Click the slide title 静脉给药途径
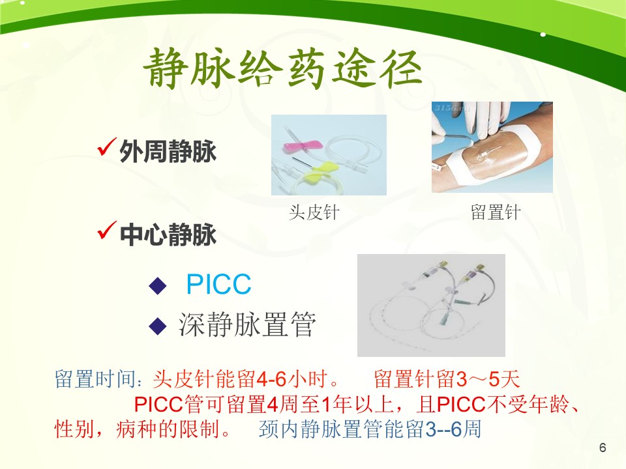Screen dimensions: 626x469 pyautogui.click(x=282, y=68)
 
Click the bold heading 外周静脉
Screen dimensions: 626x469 pyautogui.click(x=168, y=152)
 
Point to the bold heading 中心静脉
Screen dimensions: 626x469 pyautogui.click(x=168, y=234)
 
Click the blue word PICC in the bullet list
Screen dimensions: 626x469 pyautogui.click(x=219, y=285)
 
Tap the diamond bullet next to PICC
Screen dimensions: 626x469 pyautogui.click(x=158, y=285)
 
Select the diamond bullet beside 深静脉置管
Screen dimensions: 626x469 pyautogui.click(x=158, y=326)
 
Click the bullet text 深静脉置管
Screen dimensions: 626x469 pyautogui.click(x=247, y=324)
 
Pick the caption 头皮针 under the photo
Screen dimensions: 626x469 pyautogui.click(x=314, y=212)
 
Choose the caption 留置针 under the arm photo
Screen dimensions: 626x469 pyautogui.click(x=496, y=212)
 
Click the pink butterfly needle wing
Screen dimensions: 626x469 pyautogui.click(x=302, y=145)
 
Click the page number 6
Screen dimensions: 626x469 pyautogui.click(x=603, y=448)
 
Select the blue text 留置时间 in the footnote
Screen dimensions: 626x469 pyautogui.click(x=95, y=378)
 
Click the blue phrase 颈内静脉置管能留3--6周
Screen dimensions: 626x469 pyautogui.click(x=370, y=429)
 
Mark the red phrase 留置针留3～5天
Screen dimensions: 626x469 pyautogui.click(x=447, y=378)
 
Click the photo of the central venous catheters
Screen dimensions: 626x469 pyautogui.click(x=431, y=305)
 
